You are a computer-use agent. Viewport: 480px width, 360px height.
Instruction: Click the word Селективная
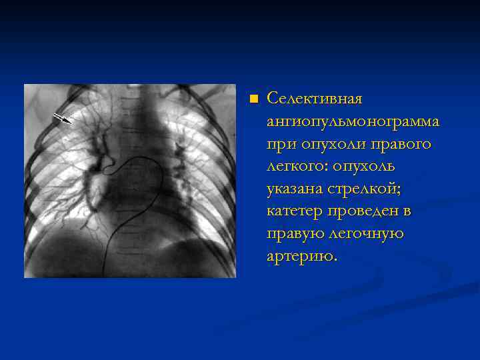pyautogui.click(x=314, y=99)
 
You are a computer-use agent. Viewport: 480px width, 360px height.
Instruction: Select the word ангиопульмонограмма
pyautogui.click(x=353, y=122)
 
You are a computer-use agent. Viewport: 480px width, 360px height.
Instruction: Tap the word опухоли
pyautogui.click(x=325, y=145)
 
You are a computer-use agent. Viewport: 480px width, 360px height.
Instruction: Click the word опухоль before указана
pyautogui.click(x=359, y=167)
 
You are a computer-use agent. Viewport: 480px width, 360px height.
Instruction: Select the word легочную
pyautogui.click(x=367, y=235)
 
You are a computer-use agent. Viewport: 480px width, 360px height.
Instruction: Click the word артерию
pyautogui.click(x=301, y=257)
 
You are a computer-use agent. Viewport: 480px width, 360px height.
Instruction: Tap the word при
pyautogui.click(x=279, y=145)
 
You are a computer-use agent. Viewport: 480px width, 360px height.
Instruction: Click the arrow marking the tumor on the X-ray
pyautogui.click(x=62, y=119)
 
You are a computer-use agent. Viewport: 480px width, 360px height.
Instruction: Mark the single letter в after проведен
pyautogui.click(x=407, y=212)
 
